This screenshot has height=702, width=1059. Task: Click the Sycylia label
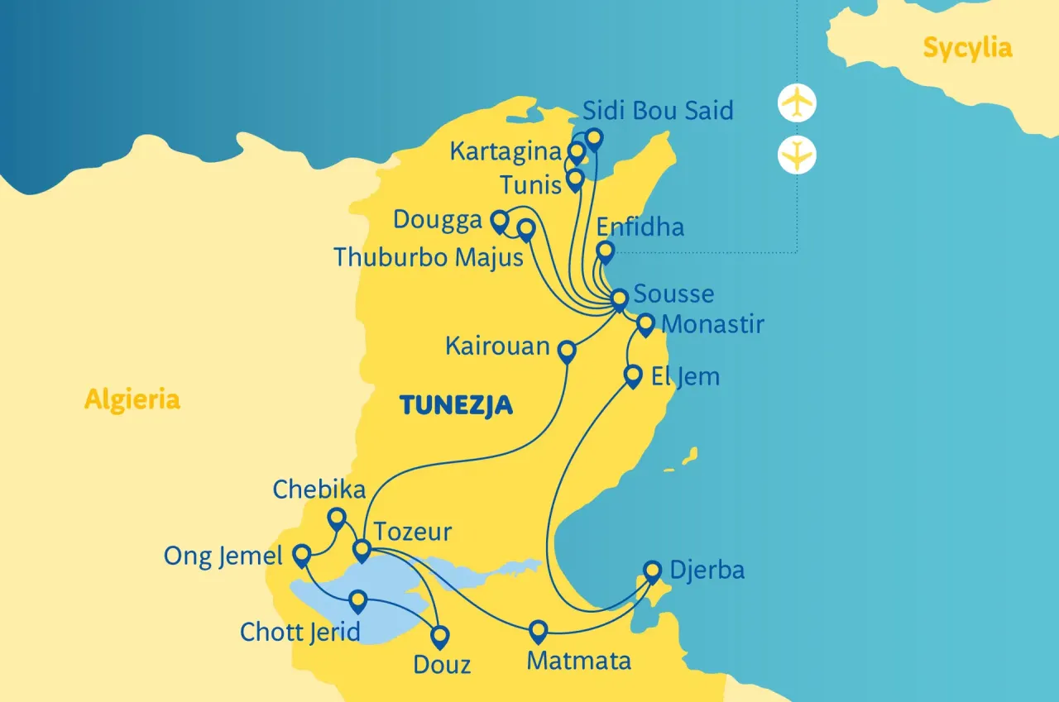click(x=967, y=48)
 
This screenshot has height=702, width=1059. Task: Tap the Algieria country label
click(x=132, y=400)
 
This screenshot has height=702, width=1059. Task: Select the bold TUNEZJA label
click(x=456, y=405)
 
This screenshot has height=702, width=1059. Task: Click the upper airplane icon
click(x=798, y=103)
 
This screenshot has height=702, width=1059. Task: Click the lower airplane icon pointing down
click(x=798, y=155)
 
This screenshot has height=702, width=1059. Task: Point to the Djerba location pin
click(x=653, y=570)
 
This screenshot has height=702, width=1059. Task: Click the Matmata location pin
click(x=539, y=630)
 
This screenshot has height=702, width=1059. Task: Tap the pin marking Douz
click(x=440, y=636)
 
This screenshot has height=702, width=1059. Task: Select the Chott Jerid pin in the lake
click(x=358, y=599)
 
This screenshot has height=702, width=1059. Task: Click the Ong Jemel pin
click(x=302, y=553)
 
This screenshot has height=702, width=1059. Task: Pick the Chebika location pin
click(x=337, y=518)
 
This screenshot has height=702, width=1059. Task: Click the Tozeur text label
click(x=412, y=531)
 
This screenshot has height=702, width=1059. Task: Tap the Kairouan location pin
click(x=567, y=351)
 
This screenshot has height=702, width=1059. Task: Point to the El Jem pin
click(x=633, y=375)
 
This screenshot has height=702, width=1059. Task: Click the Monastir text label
click(x=713, y=324)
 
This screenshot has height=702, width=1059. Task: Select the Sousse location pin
click(x=620, y=298)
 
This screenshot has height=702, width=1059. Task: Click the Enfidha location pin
click(x=606, y=251)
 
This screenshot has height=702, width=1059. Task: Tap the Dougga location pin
click(x=499, y=220)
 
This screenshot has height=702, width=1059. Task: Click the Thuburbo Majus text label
click(x=429, y=257)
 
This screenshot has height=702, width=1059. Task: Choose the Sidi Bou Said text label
click(x=658, y=111)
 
